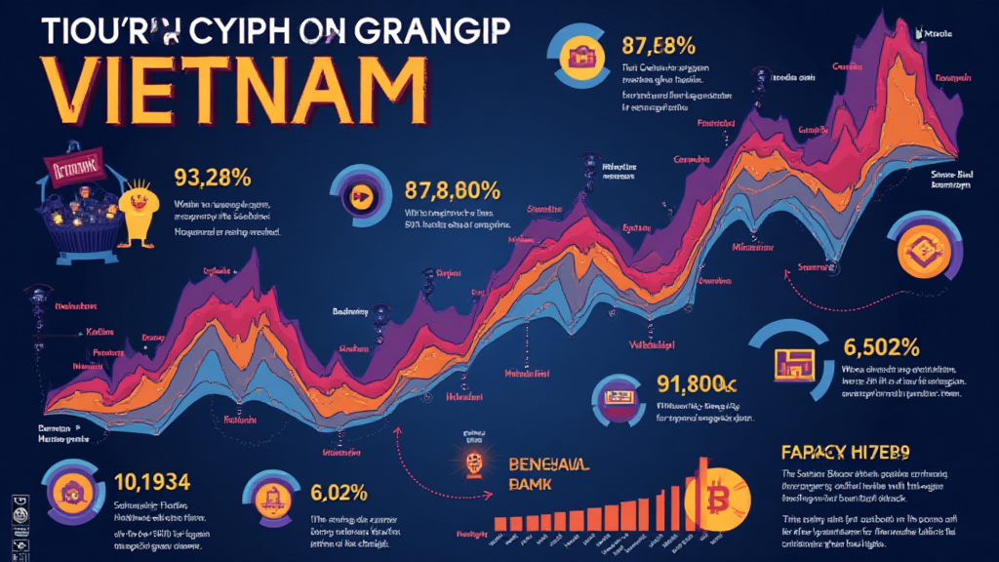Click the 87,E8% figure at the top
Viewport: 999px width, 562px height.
pyautogui.click(x=658, y=45)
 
